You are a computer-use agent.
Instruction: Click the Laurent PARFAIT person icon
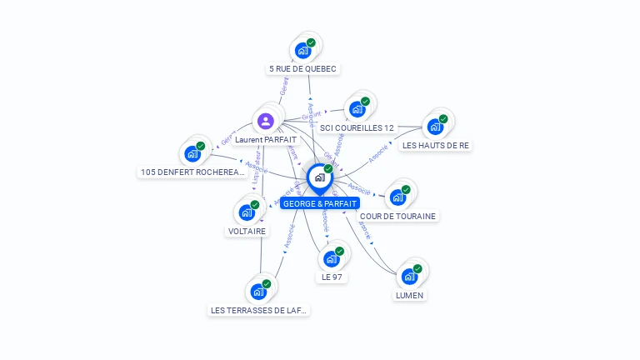(x=266, y=122)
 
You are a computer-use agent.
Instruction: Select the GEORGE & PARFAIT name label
(x=320, y=203)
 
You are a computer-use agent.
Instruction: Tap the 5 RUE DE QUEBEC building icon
(x=303, y=51)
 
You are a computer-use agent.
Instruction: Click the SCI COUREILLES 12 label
(x=357, y=127)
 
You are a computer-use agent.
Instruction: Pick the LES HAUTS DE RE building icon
(x=435, y=127)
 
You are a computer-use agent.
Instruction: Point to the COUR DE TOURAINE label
(x=397, y=216)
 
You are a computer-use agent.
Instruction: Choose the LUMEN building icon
(x=409, y=277)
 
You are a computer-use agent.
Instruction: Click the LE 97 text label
(x=332, y=277)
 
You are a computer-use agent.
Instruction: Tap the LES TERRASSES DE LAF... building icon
(x=258, y=292)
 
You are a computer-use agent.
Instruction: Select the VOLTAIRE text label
(x=247, y=231)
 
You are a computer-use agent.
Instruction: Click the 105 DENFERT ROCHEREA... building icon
(x=192, y=154)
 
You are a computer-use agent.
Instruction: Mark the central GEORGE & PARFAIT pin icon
(x=319, y=177)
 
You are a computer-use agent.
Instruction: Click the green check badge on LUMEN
(x=417, y=268)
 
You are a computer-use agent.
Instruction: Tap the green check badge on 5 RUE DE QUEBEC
(x=311, y=42)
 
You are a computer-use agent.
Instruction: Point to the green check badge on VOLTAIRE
(x=255, y=204)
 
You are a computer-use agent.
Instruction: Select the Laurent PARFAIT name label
(x=266, y=140)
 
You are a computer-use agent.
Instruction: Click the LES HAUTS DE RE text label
(x=436, y=145)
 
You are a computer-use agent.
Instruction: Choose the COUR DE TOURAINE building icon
(x=397, y=197)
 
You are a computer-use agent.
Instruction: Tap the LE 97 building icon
(x=332, y=259)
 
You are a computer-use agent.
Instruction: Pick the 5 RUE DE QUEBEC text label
(x=304, y=69)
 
